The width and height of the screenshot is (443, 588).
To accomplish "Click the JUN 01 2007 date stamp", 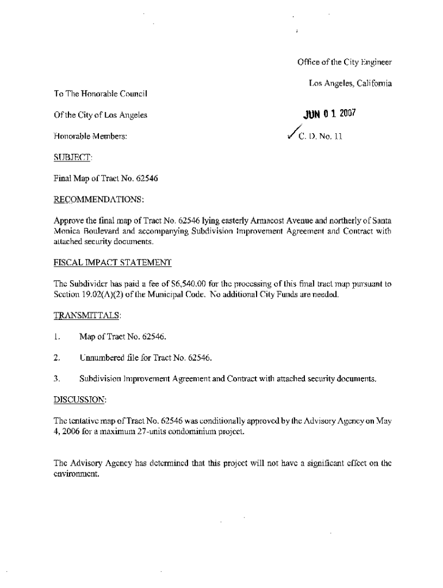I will coord(326,113).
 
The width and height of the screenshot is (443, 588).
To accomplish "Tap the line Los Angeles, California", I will coord(350,84).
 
